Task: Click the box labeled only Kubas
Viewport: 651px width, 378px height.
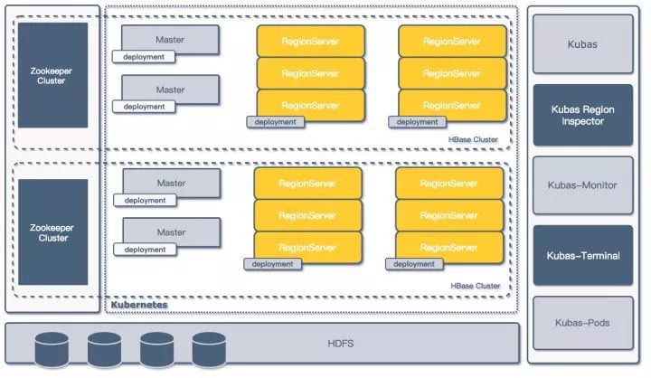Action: pyautogui.click(x=582, y=43)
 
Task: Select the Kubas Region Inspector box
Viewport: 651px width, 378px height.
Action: pyautogui.click(x=582, y=115)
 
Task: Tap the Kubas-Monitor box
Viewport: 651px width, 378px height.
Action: pyautogui.click(x=582, y=185)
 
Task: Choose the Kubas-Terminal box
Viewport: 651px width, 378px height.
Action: pyautogui.click(x=582, y=256)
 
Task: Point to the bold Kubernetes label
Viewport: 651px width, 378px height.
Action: pyautogui.click(x=139, y=307)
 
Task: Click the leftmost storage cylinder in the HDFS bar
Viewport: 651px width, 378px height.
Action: pyautogui.click(x=53, y=348)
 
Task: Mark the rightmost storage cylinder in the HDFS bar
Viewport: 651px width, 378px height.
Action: pyautogui.click(x=209, y=348)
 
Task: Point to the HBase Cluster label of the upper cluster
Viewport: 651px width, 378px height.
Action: pyautogui.click(x=474, y=140)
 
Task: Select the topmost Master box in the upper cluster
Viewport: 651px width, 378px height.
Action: pyautogui.click(x=170, y=40)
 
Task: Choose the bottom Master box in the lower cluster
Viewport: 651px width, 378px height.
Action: pyautogui.click(x=171, y=232)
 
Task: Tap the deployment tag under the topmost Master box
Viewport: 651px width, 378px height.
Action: pyautogui.click(x=144, y=57)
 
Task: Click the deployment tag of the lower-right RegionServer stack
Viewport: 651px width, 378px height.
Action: pyautogui.click(x=414, y=264)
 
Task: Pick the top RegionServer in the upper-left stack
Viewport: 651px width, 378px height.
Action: pyautogui.click(x=310, y=42)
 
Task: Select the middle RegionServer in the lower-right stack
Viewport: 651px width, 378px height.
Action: pyautogui.click(x=450, y=215)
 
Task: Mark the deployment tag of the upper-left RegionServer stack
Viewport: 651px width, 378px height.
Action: pyautogui.click(x=275, y=122)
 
